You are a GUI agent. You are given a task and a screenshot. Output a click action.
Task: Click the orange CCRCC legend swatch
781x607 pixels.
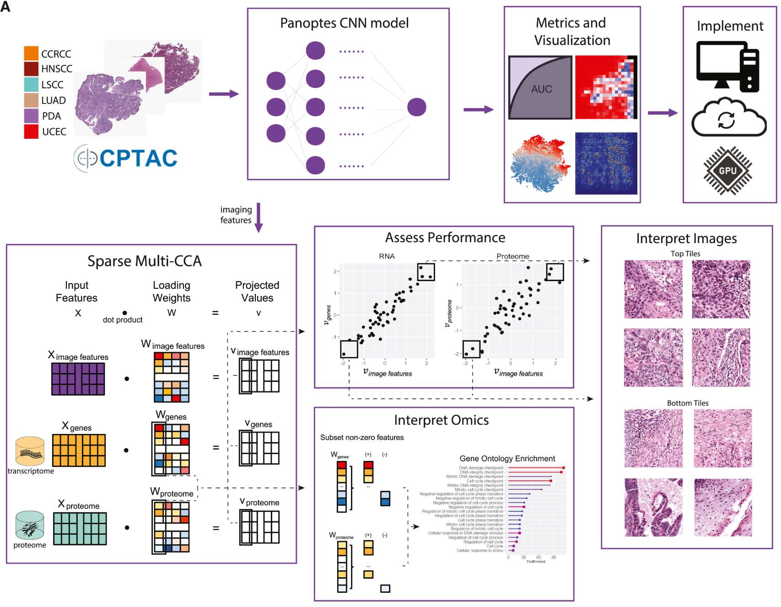point(31,53)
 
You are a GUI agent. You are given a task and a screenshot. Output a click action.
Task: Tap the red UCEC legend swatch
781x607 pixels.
point(31,131)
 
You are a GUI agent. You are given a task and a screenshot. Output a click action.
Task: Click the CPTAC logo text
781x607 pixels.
point(138,158)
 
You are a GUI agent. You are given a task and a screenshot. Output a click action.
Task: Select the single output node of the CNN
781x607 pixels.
point(416,107)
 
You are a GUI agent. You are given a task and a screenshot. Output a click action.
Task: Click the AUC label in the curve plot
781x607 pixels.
point(541,89)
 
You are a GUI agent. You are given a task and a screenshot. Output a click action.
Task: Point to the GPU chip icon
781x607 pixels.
point(727,171)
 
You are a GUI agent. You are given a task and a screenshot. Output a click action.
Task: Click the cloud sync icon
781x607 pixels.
point(728,119)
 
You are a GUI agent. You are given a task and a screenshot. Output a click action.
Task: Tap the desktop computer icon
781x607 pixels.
point(727,66)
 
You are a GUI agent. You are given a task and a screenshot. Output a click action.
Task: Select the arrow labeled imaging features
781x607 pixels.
point(259,217)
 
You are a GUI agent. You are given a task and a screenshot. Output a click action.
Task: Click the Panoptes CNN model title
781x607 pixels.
point(344,23)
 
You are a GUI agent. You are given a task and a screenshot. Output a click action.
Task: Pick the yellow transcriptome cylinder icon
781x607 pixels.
point(30,451)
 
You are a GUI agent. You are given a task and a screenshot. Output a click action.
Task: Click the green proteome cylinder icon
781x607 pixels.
point(30,526)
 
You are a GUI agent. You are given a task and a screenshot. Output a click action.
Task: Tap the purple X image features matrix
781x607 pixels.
point(78,379)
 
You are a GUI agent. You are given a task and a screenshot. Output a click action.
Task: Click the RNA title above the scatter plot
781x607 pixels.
point(387,256)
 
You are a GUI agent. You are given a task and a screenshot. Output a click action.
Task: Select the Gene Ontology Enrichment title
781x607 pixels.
point(507,459)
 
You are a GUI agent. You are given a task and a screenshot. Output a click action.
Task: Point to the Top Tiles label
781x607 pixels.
point(685,254)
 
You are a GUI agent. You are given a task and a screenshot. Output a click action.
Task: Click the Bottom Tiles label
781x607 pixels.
point(688,403)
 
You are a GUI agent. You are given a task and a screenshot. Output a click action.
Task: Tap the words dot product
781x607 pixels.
point(123,320)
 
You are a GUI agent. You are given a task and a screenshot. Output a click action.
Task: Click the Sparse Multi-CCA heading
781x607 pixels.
point(145,261)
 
